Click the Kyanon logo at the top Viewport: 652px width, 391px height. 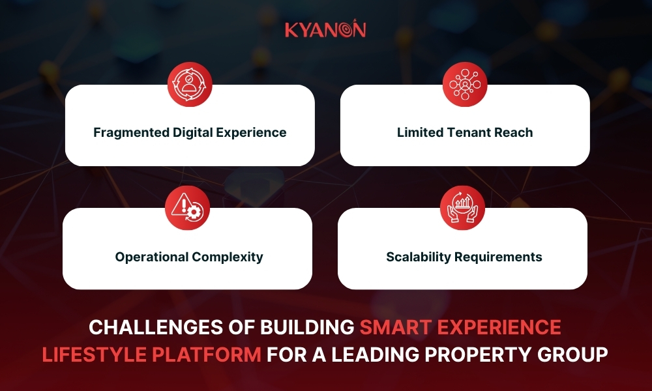point(325,29)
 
